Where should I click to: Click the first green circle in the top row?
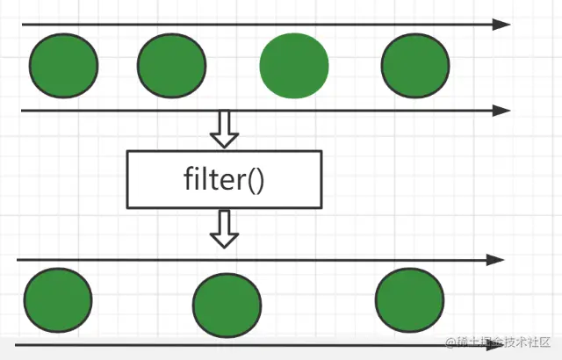click(63, 65)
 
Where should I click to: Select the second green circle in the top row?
click(171, 65)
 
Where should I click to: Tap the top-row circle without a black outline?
click(294, 65)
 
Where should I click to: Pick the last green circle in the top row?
click(415, 65)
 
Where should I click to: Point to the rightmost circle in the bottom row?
click(409, 298)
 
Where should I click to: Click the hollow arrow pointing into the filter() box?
click(225, 129)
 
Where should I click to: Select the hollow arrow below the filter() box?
click(225, 228)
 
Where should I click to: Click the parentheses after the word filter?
click(256, 180)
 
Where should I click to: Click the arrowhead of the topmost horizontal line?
click(501, 24)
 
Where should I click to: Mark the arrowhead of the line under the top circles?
click(501, 111)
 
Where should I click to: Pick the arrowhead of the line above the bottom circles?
click(497, 260)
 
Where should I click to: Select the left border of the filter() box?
click(128, 179)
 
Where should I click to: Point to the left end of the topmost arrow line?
click(25, 25)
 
